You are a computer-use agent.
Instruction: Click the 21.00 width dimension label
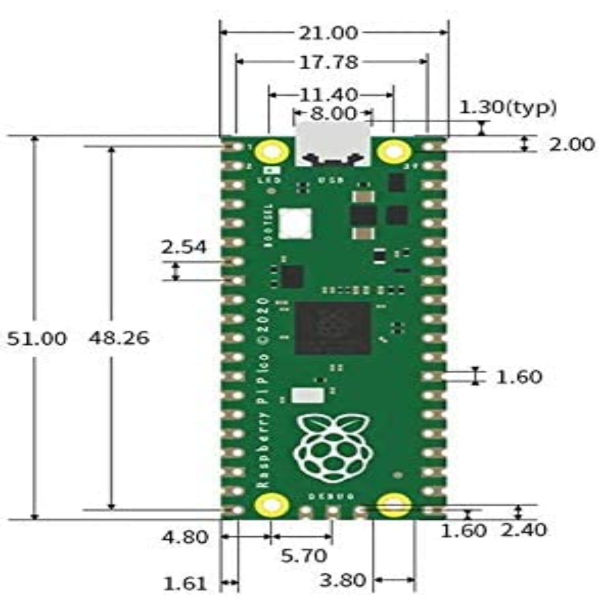click(x=328, y=33)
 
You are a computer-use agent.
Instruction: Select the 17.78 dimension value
click(x=328, y=62)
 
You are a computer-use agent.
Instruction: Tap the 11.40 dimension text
click(x=328, y=95)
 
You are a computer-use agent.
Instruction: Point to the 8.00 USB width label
click(x=333, y=113)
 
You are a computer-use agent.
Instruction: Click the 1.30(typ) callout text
click(x=508, y=107)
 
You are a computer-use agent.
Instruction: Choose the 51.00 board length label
click(x=37, y=339)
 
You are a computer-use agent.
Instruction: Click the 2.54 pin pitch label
click(x=184, y=247)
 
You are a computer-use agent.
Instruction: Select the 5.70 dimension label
click(x=304, y=555)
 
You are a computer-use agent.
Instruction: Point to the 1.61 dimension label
click(x=185, y=584)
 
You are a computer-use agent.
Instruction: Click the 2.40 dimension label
click(x=524, y=530)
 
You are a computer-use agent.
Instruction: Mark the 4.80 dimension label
click(x=185, y=538)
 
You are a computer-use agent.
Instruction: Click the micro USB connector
click(x=332, y=143)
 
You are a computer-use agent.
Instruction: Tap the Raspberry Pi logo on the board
click(x=332, y=449)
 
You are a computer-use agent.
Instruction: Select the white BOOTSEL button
click(x=295, y=223)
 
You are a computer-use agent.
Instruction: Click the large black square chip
click(x=332, y=328)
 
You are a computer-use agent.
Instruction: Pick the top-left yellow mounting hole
click(x=272, y=152)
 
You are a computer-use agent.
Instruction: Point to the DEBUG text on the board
click(x=331, y=496)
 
